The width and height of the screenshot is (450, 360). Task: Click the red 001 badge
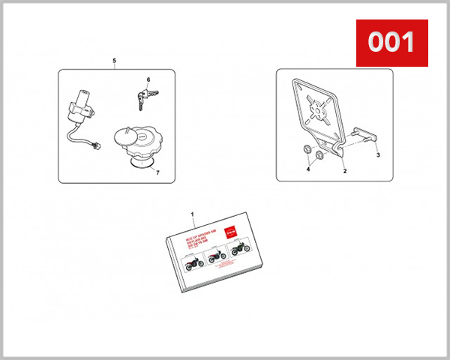point(391,43)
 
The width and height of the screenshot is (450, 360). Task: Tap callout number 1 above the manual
point(193,214)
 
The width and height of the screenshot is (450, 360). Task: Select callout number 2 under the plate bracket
point(344,171)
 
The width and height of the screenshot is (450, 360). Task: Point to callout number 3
point(377,155)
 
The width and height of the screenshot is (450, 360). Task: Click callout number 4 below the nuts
point(307,170)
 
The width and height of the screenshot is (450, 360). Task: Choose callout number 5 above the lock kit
point(114,59)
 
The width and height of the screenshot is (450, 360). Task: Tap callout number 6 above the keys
point(148,79)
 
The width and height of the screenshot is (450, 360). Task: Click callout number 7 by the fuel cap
point(157,172)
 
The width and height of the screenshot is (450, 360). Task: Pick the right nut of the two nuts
point(318,155)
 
